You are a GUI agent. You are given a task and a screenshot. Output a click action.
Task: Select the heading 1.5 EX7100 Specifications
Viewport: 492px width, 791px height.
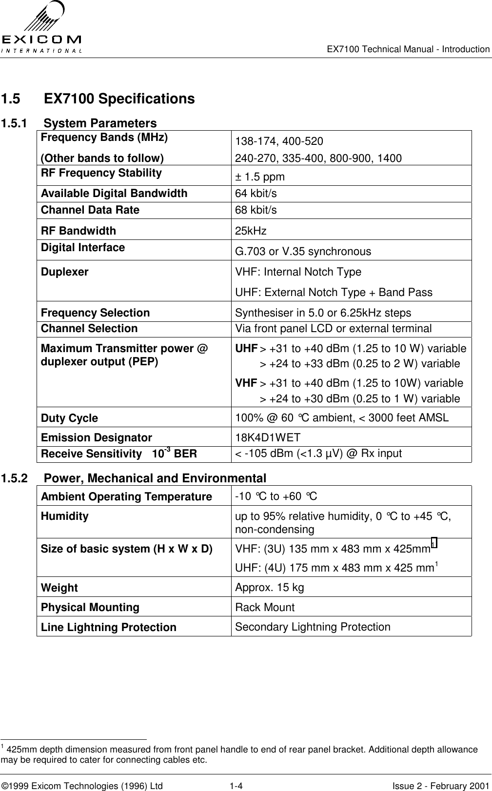pyautogui.click(x=98, y=99)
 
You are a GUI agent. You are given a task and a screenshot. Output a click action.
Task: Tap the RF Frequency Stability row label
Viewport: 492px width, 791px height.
pyautogui.click(x=101, y=173)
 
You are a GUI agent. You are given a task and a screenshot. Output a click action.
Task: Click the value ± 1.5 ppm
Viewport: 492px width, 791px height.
pyautogui.click(x=260, y=177)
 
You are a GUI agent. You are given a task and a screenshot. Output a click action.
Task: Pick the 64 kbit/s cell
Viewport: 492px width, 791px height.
pyautogui.click(x=256, y=194)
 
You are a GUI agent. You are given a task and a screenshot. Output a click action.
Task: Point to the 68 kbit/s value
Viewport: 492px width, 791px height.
pyautogui.click(x=256, y=210)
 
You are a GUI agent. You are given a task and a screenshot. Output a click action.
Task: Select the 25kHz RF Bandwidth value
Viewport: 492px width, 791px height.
pyautogui.click(x=251, y=231)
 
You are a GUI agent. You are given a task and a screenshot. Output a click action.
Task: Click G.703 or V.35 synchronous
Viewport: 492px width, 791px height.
pyautogui.click(x=303, y=252)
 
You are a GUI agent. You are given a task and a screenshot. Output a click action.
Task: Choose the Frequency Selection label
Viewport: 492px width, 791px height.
pyautogui.click(x=96, y=313)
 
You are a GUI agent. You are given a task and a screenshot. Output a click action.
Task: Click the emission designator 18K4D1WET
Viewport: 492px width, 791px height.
pyautogui.click(x=268, y=437)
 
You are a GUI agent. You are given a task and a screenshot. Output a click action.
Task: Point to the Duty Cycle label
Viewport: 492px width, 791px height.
pyautogui.click(x=69, y=418)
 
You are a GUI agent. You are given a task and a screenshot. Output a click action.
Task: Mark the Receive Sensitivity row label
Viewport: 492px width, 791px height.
pyautogui.click(x=119, y=454)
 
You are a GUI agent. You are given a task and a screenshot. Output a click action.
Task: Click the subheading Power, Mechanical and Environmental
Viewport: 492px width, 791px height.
pyautogui.click(x=155, y=478)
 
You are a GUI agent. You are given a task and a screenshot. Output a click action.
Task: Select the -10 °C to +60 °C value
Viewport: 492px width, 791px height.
pyautogui.click(x=276, y=496)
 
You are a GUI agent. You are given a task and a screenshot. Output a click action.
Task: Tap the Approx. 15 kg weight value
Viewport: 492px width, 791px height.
pyautogui.click(x=269, y=587)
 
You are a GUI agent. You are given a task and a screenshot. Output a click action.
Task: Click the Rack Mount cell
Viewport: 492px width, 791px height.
pyautogui.click(x=265, y=608)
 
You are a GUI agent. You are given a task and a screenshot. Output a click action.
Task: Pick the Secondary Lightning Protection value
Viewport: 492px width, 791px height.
pyautogui.click(x=313, y=627)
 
